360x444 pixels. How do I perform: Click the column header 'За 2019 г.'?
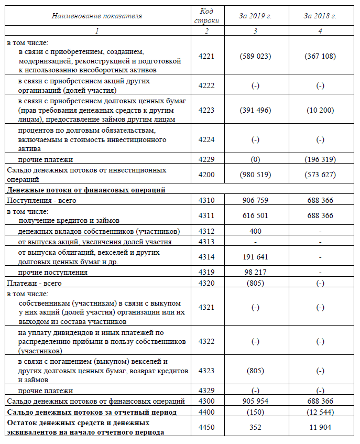pos(255,16)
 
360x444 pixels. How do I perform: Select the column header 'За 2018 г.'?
pos(320,16)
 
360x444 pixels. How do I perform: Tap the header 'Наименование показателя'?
pos(97,16)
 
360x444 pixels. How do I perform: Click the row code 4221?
pos(207,56)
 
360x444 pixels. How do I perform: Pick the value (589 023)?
pos(255,56)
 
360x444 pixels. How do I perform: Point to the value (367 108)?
pos(320,56)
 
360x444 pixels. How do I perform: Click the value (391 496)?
pos(255,111)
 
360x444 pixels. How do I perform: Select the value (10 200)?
pos(320,111)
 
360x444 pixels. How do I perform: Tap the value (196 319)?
pos(320,159)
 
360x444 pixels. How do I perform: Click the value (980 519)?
pos(255,175)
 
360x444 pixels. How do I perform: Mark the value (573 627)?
pos(320,175)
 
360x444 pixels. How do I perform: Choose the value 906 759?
pos(255,200)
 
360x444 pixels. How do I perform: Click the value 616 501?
pos(255,215)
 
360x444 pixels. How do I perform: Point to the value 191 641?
pos(255,257)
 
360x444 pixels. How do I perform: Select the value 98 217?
pos(255,272)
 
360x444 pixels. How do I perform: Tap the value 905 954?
pos(255,401)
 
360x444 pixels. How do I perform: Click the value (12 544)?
pos(320,411)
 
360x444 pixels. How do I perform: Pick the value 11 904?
pos(320,427)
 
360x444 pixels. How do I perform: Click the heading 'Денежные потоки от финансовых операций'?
pos(86,190)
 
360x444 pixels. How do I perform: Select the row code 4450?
pos(207,427)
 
